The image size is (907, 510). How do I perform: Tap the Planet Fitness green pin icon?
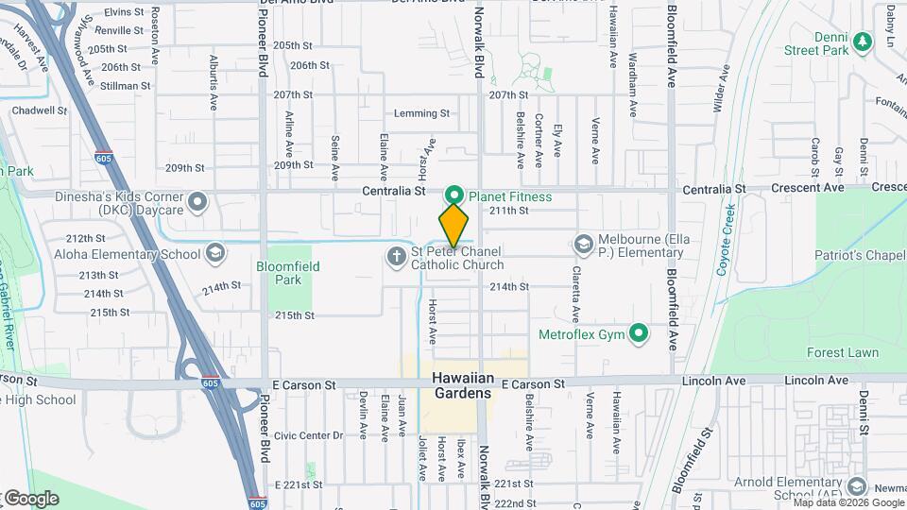[x=453, y=196]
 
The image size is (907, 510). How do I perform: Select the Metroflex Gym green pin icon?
[x=639, y=333]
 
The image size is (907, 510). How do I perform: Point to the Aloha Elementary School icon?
[x=215, y=253]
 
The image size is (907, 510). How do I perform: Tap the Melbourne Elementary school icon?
[x=582, y=245]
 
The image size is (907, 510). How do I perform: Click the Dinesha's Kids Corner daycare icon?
[x=198, y=201]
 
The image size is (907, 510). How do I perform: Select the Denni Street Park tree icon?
[x=861, y=41]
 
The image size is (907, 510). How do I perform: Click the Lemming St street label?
[x=421, y=113]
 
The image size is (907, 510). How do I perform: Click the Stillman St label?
[x=126, y=86]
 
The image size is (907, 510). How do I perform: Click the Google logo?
[x=30, y=498]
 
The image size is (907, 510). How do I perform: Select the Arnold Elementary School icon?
[x=857, y=486]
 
